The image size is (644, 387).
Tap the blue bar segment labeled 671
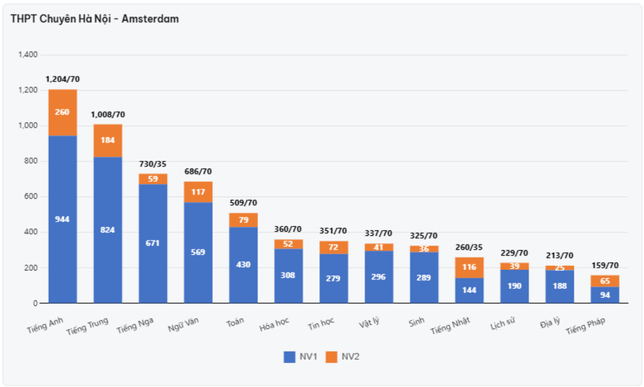tap(152, 243)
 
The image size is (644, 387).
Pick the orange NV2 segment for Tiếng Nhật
tap(469, 267)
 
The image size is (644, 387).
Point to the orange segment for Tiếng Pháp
tap(605, 281)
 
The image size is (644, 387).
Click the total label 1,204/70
tap(63, 79)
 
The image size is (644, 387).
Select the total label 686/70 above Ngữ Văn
tap(198, 171)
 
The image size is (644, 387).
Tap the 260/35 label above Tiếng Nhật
tap(469, 247)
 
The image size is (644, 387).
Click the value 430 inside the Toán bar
tap(243, 265)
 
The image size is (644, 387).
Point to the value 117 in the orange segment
tap(198, 192)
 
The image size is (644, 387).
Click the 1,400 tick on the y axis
tap(28, 55)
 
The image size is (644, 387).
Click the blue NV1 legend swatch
tap(289, 357)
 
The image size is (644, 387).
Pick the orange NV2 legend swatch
tap(332, 357)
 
